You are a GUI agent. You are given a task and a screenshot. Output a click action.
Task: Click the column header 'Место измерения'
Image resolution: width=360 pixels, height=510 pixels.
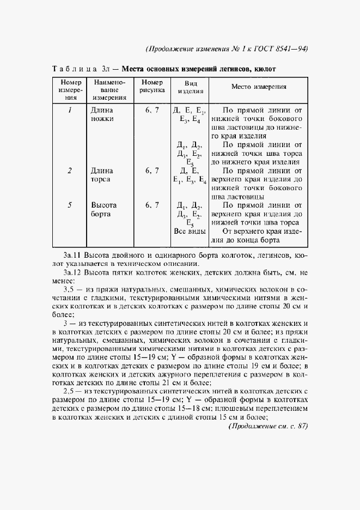click(259, 87)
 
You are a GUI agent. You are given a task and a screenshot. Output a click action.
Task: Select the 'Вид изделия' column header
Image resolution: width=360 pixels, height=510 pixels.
click(187, 88)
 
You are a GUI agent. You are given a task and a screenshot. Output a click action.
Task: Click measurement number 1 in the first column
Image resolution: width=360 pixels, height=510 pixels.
click(70, 110)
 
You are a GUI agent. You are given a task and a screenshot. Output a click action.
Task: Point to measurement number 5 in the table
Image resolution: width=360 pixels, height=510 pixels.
click(70, 205)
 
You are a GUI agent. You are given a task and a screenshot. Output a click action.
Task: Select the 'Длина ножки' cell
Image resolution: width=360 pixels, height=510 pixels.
click(102, 114)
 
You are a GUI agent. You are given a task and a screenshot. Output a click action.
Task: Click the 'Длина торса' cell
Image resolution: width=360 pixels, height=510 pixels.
click(102, 175)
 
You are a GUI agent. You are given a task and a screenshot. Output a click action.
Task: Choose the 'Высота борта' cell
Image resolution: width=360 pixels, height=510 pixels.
click(104, 210)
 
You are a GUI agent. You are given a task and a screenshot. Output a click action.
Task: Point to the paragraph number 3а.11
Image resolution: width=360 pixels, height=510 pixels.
click(75, 254)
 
